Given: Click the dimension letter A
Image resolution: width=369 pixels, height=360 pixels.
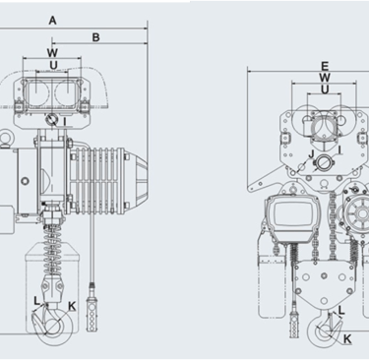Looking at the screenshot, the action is [x=52, y=21].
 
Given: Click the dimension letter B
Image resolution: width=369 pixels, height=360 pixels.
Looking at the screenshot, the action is [x=95, y=37].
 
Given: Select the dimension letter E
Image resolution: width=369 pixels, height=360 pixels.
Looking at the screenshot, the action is [x=325, y=67].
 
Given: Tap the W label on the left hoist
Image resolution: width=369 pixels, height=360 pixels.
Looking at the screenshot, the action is [x=52, y=52].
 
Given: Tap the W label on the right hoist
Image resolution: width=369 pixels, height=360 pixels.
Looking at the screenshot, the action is [x=325, y=78].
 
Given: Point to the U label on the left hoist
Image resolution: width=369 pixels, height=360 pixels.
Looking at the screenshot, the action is [x=53, y=65].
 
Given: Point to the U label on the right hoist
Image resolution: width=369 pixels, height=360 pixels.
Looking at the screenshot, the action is [x=325, y=90].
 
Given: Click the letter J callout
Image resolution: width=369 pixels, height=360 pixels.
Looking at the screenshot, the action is [x=312, y=153].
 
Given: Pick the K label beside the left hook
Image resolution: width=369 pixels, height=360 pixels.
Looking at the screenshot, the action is [x=72, y=306].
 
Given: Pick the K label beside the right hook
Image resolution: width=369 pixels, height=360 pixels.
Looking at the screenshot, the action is [x=347, y=339].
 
